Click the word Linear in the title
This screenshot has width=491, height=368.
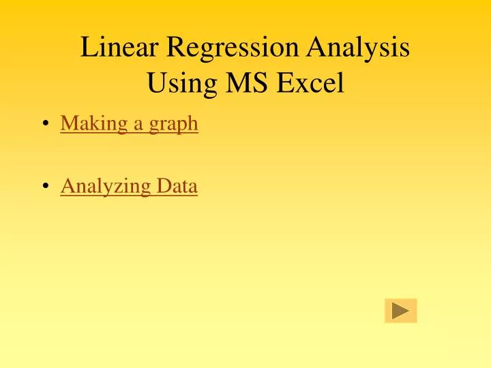click(x=119, y=48)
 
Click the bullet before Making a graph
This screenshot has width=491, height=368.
click(x=45, y=124)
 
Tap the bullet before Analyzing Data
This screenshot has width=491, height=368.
click(x=45, y=186)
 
